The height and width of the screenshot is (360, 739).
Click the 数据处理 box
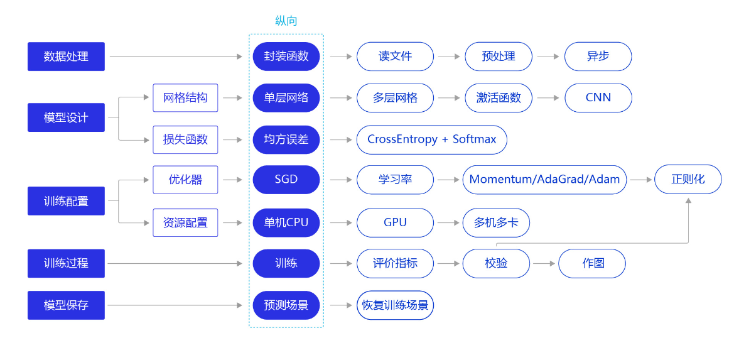66,57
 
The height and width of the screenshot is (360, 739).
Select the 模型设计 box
66,117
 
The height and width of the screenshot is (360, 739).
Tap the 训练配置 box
66,201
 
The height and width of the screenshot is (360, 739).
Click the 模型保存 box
66,305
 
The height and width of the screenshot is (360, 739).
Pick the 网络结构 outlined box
185,98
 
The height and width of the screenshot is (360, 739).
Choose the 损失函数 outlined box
185,139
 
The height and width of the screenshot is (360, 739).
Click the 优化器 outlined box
185,180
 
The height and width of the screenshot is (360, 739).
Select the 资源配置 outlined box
185,222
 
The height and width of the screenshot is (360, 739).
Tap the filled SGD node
286,180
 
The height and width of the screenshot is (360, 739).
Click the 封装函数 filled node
286,57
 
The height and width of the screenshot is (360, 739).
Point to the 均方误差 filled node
286,139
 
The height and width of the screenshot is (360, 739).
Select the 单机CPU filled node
286,222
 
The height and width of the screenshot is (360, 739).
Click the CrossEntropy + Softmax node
431,139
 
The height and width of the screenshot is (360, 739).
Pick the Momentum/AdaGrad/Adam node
544,180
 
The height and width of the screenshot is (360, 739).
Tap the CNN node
598,98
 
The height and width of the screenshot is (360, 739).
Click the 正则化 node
688,180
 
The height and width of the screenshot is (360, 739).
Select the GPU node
395,222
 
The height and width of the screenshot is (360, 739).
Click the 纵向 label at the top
286,21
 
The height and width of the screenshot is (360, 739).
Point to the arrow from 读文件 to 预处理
449,57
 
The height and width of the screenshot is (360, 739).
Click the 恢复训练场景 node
395,305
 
